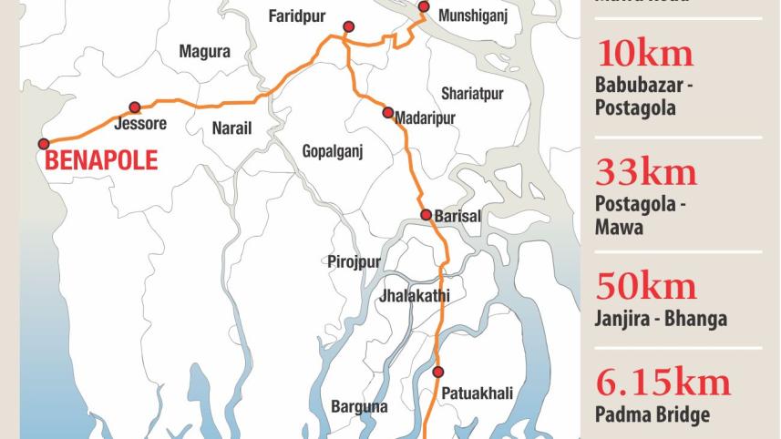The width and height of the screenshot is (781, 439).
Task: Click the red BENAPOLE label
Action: pyautogui.click(x=101, y=162)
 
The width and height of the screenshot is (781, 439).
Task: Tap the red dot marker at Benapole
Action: pyautogui.click(x=44, y=144)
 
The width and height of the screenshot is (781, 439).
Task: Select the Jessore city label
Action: pyautogui.click(x=140, y=124)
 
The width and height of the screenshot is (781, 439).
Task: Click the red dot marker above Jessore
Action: pyautogui.click(x=135, y=107)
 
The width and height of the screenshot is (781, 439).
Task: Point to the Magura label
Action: pyautogui.click(x=205, y=52)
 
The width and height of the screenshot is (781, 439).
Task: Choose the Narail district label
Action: pyautogui.click(x=231, y=128)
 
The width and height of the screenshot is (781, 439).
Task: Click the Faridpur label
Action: pyautogui.click(x=297, y=16)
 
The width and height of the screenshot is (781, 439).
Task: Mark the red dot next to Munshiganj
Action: pyautogui.click(x=424, y=7)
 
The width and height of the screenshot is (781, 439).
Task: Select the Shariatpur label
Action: pyautogui.click(x=472, y=94)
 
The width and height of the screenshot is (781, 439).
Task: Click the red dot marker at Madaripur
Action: pyautogui.click(x=388, y=114)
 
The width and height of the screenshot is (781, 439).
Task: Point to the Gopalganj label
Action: pyautogui.click(x=333, y=152)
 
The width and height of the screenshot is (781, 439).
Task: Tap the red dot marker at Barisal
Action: pyautogui.click(x=426, y=215)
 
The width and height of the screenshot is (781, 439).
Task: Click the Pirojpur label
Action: pyautogui.click(x=354, y=261)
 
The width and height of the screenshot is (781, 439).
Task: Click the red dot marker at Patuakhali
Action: pyautogui.click(x=438, y=372)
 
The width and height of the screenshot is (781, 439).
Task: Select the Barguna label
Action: pyautogui.click(x=359, y=406)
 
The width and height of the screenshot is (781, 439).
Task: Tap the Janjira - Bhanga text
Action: pyautogui.click(x=661, y=319)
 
